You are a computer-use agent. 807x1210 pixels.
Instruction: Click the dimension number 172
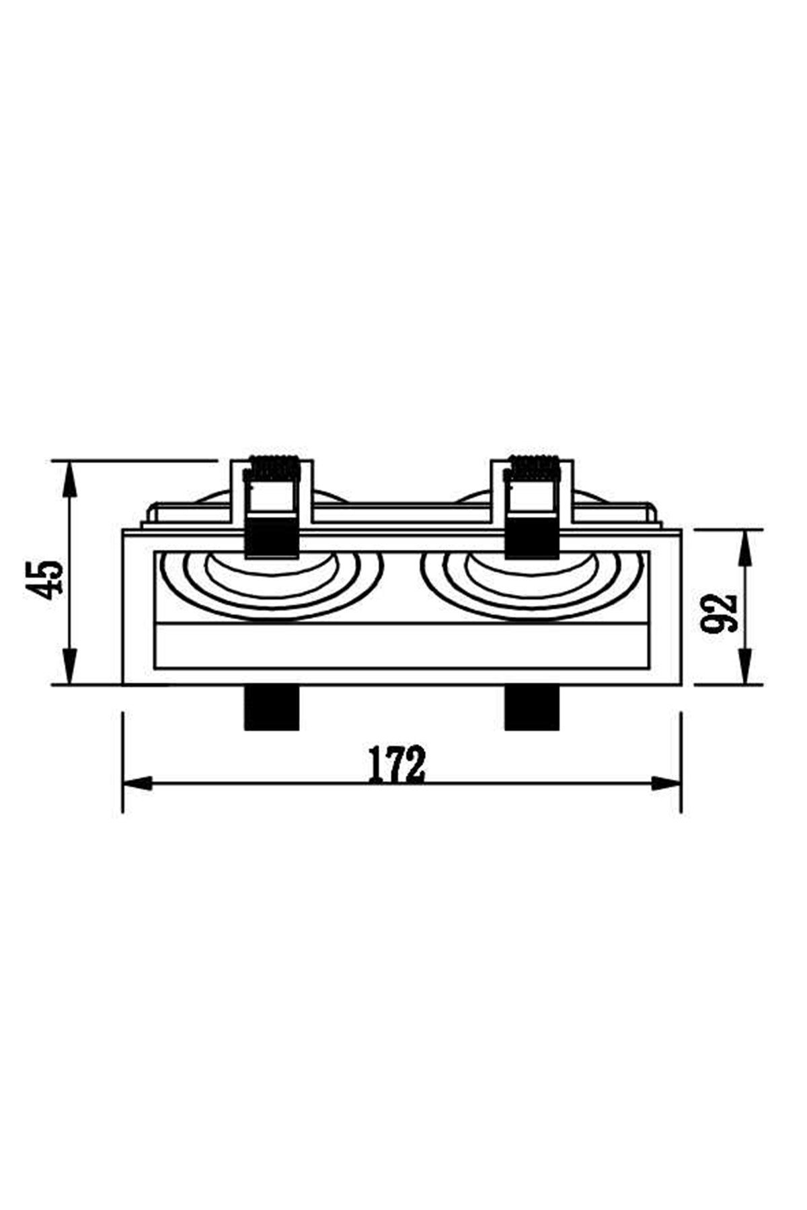[397, 764]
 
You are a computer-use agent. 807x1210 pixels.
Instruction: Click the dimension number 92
[720, 613]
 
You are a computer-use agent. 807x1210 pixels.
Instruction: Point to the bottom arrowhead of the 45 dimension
[70, 669]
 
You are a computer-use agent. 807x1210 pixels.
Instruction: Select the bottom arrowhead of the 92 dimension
[744, 670]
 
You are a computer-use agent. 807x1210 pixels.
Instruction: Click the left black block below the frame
[270, 707]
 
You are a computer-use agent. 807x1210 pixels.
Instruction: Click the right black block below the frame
[532, 707]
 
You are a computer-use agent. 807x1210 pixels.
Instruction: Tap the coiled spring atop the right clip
[534, 466]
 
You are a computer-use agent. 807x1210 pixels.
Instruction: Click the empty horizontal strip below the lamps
[402, 646]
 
